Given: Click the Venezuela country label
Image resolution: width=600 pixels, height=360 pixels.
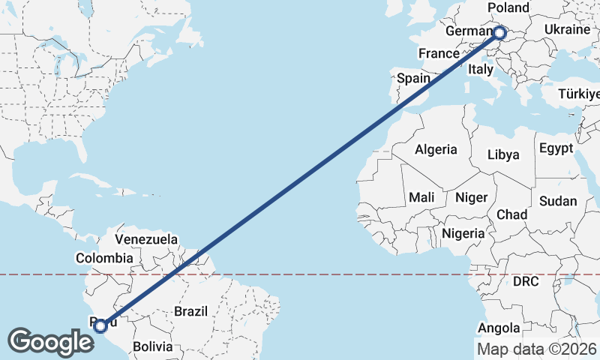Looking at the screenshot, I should tap(146, 240).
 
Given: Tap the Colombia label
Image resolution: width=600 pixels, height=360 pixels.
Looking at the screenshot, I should tap(104, 258).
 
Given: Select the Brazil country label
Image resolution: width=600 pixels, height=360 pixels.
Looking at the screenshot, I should tap(190, 310).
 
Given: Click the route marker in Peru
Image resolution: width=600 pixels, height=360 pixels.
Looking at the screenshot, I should tap(100, 325).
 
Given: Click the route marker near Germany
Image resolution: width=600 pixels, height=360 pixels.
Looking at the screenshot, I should tap(499, 32).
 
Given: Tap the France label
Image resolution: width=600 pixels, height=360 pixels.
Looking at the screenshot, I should tap(438, 53).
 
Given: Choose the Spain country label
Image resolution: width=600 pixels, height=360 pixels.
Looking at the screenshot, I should tap(413, 78).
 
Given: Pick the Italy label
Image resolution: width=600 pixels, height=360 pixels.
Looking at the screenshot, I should tap(479, 69).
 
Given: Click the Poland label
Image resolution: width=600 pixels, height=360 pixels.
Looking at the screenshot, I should tap(508, 7).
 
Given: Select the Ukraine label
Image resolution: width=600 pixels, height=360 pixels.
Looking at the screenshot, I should tap(567, 29).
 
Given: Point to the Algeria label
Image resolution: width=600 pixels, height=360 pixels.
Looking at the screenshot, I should tap(436, 149).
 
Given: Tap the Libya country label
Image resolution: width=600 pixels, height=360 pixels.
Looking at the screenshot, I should tap(503, 154).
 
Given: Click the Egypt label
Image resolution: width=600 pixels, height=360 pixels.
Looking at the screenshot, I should tap(556, 147).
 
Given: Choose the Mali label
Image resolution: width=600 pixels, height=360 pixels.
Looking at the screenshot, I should tap(421, 197).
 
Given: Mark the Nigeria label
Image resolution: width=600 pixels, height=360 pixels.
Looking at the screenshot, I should tap(463, 233).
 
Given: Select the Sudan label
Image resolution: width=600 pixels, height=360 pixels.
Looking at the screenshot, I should tap(558, 201).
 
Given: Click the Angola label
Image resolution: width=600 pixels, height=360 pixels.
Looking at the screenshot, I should tap(499, 328).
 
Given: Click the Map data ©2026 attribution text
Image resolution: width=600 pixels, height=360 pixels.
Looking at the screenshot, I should tap(536, 349).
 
